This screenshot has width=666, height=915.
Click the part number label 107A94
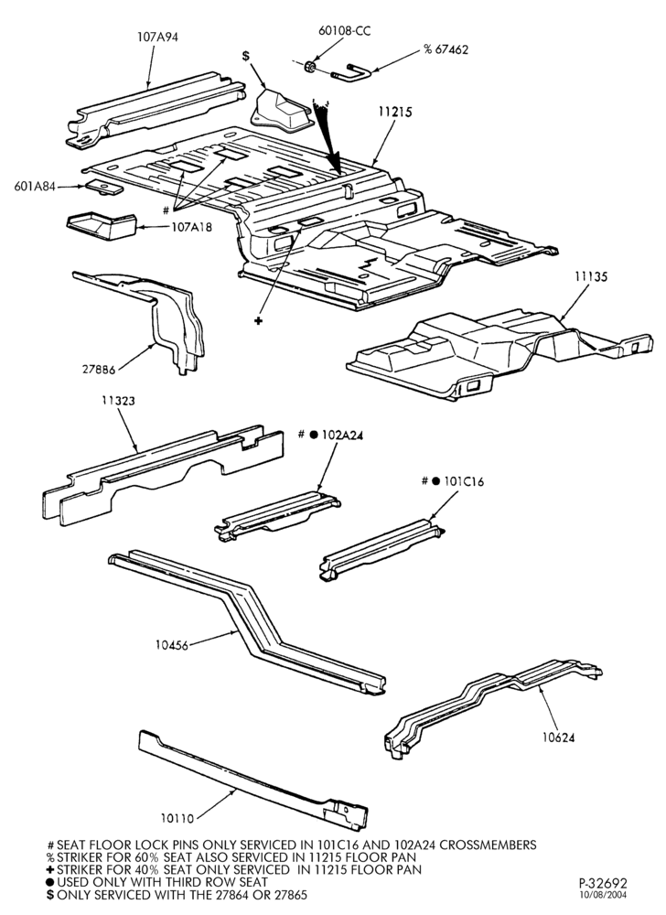coord(157,37)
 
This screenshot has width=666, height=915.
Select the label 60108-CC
coord(344,30)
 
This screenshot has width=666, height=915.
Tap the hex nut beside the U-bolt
coord(311,67)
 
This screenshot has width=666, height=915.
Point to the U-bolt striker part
coord(351,73)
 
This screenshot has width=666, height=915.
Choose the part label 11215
coord(395,112)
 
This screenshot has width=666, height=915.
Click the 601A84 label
coord(35,187)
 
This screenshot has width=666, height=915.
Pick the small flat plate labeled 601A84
coord(104,188)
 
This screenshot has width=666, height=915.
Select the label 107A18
coord(192,227)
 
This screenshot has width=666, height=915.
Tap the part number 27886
coord(98,368)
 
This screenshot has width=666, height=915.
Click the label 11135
coord(591,276)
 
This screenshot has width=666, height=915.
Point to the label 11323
coord(118,401)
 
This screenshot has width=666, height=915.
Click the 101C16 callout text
coord(464,481)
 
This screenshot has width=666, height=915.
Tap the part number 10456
coord(171,645)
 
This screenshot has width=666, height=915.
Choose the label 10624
coord(558,737)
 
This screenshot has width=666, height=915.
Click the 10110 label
coord(177,819)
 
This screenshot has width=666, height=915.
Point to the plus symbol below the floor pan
coord(258,321)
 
